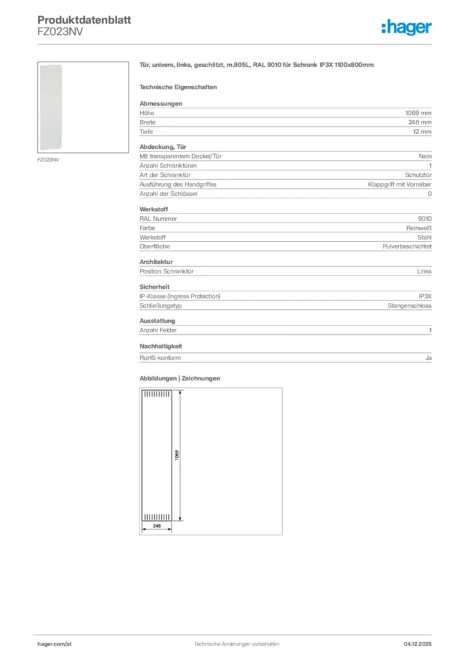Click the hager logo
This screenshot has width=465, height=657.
click(406, 27)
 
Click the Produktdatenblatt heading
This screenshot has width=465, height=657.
click(84, 20)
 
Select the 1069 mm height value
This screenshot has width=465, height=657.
click(417, 112)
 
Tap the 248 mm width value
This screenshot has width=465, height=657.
click(420, 122)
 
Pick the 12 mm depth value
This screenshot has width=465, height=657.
click(422, 132)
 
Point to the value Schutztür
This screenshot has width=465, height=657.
click(418, 175)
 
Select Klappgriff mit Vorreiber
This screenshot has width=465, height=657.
click(399, 184)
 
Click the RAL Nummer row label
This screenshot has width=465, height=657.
click(158, 218)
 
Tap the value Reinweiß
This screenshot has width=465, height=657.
click(419, 228)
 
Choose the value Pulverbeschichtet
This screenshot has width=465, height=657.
click(407, 246)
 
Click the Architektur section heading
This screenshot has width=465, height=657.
click(156, 262)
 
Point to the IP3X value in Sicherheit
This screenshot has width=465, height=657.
click(425, 296)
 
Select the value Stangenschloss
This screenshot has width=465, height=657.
click(410, 305)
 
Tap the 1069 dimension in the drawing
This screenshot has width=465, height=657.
click(177, 456)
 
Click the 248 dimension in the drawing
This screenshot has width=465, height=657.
click(156, 525)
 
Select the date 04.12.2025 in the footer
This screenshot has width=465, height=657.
click(416, 644)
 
